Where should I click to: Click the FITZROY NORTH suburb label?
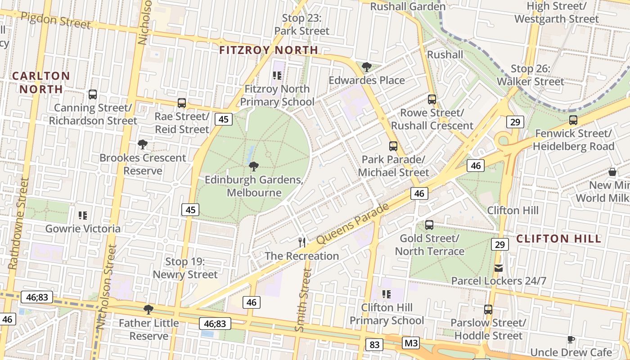[269, 50]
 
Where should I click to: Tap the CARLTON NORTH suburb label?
[41, 82]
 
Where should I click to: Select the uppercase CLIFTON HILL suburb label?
[558, 238]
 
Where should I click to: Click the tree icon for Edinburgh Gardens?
[253, 166]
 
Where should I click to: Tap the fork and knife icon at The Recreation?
[302, 243]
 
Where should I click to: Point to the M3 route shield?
[411, 343]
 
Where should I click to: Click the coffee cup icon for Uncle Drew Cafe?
[571, 339]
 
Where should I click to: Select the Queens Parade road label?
[352, 224]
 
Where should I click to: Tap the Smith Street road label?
[303, 300]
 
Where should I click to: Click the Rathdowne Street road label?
[19, 224]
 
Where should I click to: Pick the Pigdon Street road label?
[56, 20]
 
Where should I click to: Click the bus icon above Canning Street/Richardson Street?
[93, 94]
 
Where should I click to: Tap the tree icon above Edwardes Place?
[367, 67]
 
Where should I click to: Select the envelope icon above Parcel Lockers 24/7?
[499, 268]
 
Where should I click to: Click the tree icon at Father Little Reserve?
[148, 310]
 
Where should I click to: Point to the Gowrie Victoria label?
[83, 229]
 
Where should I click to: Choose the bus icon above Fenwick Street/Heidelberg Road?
[573, 120]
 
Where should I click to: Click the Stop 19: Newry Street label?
[185, 268]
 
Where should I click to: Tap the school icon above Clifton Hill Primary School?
[386, 294]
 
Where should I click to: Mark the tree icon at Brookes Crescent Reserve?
[143, 144]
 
